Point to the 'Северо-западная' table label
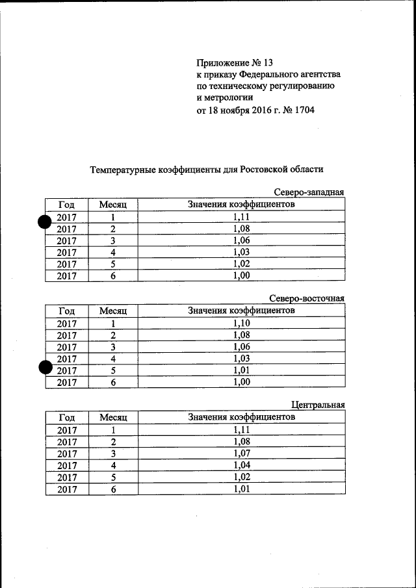[308, 192]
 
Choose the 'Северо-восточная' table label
[306, 299]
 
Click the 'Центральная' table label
[317, 405]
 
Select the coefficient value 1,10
[241, 323]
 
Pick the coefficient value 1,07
[241, 453]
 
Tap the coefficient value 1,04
[241, 465]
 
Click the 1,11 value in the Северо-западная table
[241, 217]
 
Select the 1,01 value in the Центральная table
[241, 489]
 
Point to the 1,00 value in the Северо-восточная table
[241, 382]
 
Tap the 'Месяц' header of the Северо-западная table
[112, 205]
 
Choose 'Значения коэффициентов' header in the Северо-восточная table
[241, 311]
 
